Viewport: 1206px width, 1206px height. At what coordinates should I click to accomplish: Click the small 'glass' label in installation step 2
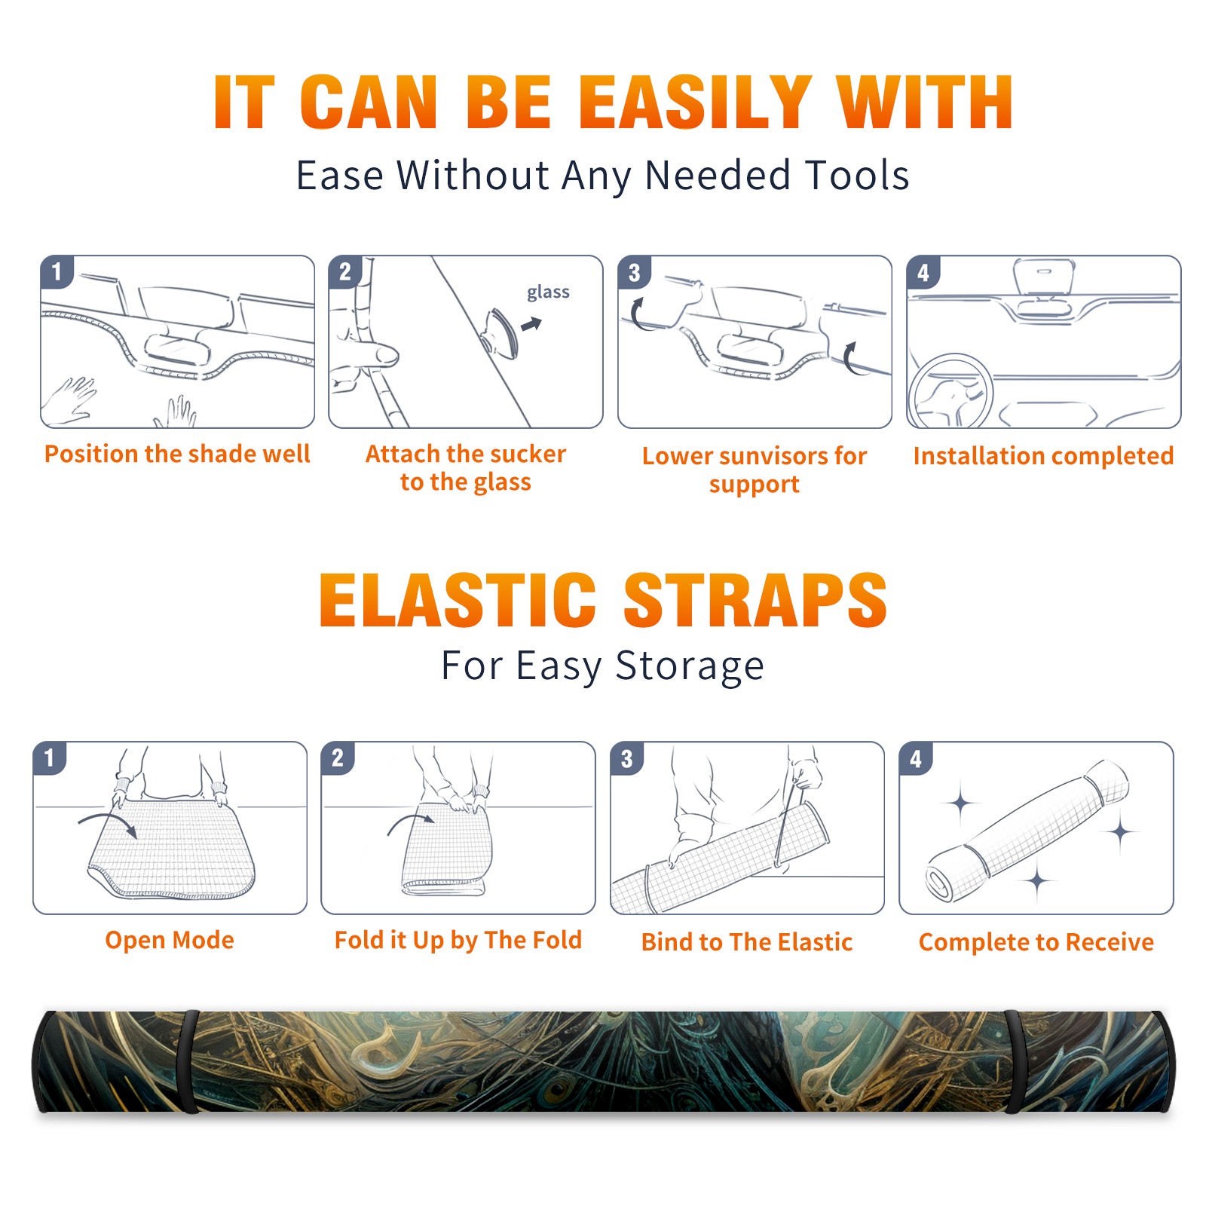[548, 292]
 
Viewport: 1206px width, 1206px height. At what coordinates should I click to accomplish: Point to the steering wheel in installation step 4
[951, 392]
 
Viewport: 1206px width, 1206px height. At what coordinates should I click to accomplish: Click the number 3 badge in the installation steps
[633, 272]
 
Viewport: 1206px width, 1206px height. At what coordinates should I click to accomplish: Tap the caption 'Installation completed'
[1043, 455]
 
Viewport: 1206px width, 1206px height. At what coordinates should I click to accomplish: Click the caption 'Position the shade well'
[177, 454]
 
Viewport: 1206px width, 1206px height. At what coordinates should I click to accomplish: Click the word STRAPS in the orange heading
[755, 600]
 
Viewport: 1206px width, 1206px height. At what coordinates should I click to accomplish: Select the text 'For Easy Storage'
[602, 666]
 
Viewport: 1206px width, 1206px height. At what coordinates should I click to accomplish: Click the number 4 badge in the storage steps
[916, 758]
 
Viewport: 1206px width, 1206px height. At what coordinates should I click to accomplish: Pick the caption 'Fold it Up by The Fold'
[458, 940]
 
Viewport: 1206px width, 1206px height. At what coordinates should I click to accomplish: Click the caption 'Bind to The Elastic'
[747, 941]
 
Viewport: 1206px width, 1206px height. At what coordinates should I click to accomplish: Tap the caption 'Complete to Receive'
[1036, 941]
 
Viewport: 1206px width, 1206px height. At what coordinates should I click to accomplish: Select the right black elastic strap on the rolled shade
[1015, 1061]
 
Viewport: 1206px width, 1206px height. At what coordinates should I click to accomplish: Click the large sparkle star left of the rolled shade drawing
[961, 803]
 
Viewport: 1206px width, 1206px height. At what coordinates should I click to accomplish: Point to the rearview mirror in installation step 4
[1043, 277]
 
